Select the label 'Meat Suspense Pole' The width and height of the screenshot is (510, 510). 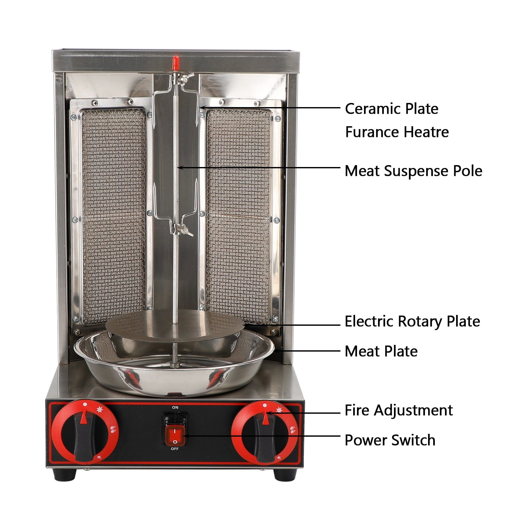pos(413,171)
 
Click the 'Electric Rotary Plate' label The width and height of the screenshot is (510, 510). pos(412,322)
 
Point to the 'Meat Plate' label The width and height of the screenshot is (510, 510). pos(381,351)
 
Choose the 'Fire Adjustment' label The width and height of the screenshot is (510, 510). pos(398,411)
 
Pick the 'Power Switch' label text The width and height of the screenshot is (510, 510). pos(390,440)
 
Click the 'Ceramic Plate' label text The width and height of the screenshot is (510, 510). pos(391,109)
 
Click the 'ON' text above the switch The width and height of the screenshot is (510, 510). pos(175,407)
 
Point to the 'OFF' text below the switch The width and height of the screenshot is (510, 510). pos(175,449)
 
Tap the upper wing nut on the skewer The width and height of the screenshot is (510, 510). pos(182,76)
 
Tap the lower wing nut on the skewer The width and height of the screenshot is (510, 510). pos(180,230)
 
